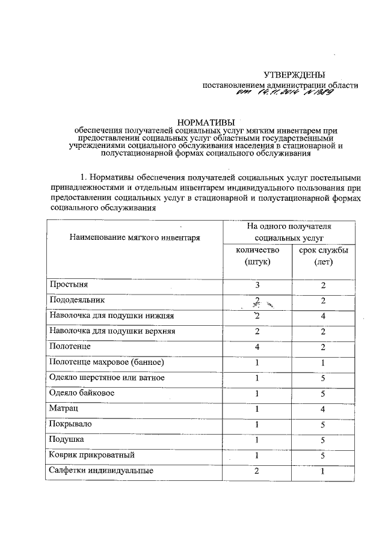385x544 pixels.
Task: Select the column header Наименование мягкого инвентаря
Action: (x=134, y=237)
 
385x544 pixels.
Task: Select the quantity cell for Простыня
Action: (x=257, y=285)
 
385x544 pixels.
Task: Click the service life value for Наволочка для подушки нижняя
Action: (x=323, y=316)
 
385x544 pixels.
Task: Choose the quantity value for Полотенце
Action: (x=257, y=347)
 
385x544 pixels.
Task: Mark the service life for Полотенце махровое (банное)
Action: (x=323, y=362)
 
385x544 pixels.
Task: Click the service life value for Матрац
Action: (x=323, y=409)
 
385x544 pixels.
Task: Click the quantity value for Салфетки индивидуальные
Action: (x=257, y=471)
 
